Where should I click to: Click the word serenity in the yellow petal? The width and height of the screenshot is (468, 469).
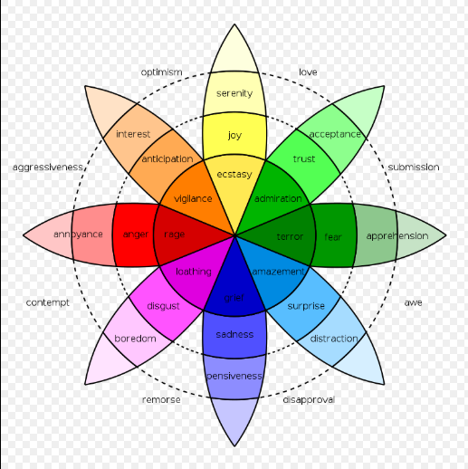coord(234,93)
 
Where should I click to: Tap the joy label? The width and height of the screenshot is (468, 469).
coord(234,135)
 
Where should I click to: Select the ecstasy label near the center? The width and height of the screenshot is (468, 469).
coord(234,175)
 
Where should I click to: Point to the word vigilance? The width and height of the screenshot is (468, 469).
coord(193,199)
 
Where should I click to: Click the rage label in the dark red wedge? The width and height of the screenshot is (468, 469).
coord(175,234)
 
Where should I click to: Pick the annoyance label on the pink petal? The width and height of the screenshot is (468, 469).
coord(78,234)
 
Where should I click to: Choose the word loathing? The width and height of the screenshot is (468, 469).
coord(194,272)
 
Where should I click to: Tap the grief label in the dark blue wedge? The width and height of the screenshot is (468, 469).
coord(234,298)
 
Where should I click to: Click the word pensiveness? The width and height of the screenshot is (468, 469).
coord(234,376)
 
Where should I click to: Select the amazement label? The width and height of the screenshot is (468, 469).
coord(278,272)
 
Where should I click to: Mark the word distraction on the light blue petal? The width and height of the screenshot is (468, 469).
coord(334,339)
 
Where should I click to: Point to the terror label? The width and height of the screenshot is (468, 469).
coord(290,236)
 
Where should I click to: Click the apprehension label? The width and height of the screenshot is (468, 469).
coord(397,236)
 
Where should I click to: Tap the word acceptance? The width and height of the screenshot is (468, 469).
coord(335,134)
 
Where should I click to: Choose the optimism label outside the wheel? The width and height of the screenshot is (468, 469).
coord(162,72)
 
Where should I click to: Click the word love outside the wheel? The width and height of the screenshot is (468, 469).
coord(308,72)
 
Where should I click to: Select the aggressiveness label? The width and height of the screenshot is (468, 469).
coord(48,167)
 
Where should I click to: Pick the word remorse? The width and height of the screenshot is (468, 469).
coord(161,400)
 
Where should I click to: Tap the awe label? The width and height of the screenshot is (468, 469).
coord(413,302)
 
